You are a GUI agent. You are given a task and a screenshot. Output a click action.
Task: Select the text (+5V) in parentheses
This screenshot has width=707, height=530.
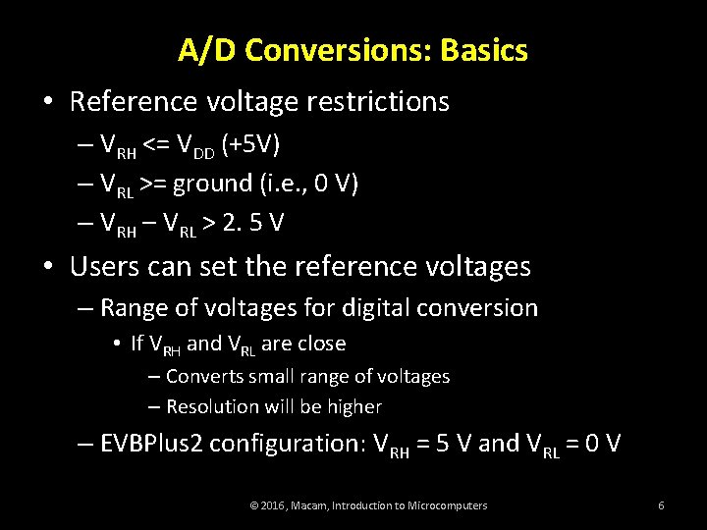(x=250, y=145)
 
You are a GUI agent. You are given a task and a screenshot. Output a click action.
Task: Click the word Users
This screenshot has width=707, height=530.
(x=109, y=266)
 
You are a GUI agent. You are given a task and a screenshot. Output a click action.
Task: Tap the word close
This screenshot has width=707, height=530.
(x=317, y=344)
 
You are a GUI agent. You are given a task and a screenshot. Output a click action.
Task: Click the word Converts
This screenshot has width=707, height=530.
(x=202, y=376)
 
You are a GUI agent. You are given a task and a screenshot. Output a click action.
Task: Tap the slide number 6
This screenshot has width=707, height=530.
(x=661, y=505)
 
